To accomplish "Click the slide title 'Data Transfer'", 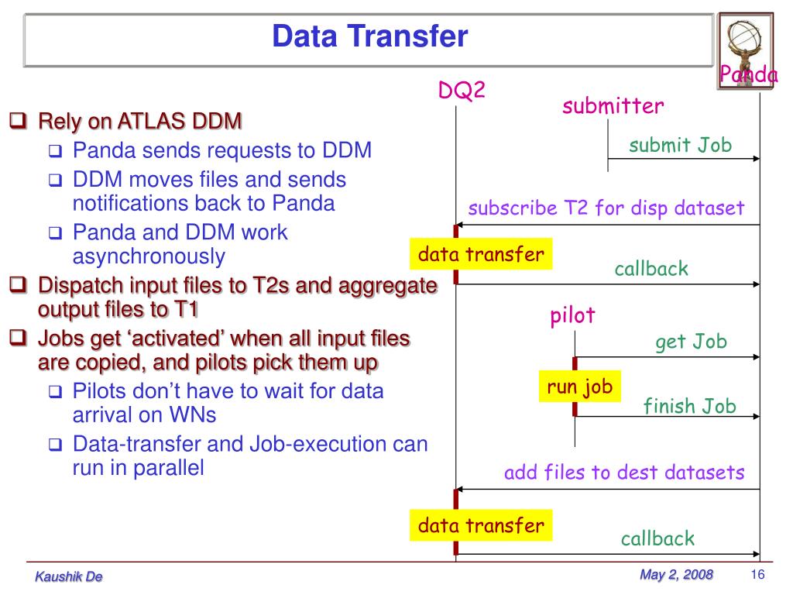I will pos(369,36).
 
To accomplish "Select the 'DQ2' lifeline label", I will pos(462,91).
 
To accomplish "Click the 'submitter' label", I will pos(613,106).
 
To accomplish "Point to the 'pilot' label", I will pos(573,315).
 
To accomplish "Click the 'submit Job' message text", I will pos(680,145).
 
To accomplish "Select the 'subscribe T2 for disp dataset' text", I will pos(606,208).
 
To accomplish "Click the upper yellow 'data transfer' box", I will pos(481,254).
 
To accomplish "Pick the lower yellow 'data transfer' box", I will pos(481,526).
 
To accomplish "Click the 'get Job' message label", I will pos(692,342).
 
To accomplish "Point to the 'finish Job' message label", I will pos(689,406).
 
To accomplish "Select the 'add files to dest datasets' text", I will pos(624,473).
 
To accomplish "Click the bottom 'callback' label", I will pos(657,539).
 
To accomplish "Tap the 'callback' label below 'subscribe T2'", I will pos(651,269).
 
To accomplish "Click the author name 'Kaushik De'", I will pos(69,576).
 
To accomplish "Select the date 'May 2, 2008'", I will pos(676,574).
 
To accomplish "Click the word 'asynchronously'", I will pos(149,256).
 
